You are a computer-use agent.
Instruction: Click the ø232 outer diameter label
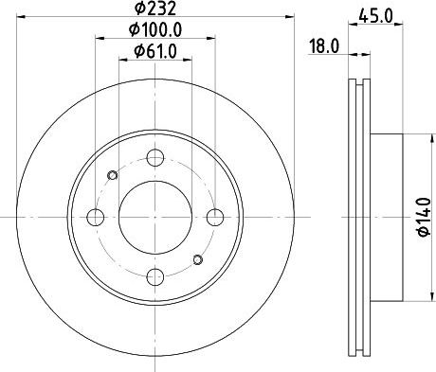click(x=154, y=11)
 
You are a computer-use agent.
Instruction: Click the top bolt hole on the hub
click(x=154, y=158)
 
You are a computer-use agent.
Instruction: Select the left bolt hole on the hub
click(x=95, y=218)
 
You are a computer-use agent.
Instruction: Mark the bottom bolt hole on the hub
click(x=154, y=277)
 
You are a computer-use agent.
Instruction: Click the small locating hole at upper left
click(x=113, y=175)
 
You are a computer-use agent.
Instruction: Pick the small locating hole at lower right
click(x=197, y=259)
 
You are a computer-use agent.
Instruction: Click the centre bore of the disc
click(x=154, y=218)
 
